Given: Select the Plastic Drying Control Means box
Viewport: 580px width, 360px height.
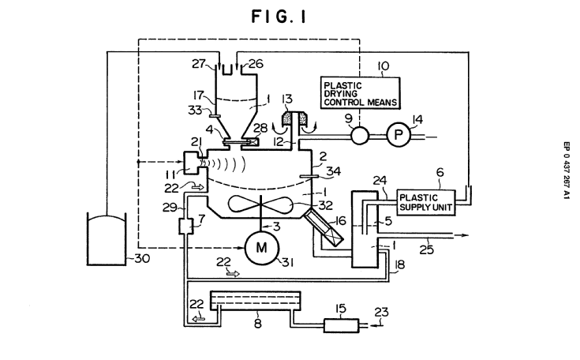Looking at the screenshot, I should (361, 91).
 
